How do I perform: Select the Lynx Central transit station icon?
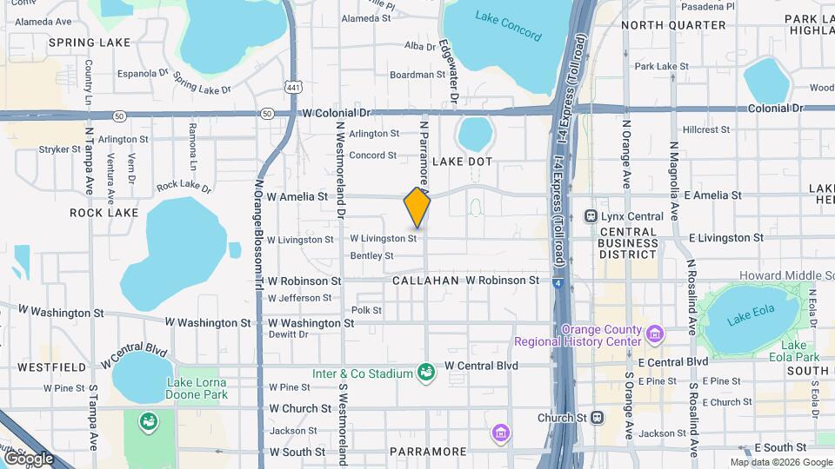tap(591, 215)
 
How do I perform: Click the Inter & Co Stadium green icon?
tap(425, 373)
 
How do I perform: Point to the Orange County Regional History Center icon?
tap(656, 330)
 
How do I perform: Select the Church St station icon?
tap(597, 417)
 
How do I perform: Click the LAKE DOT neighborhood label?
tap(463, 162)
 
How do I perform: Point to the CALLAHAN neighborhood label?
tap(425, 281)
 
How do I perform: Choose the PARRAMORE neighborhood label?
tap(428, 452)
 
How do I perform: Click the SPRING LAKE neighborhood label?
tap(90, 42)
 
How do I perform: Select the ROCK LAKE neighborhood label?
tap(104, 213)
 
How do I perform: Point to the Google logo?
tap(29, 458)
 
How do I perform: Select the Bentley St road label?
tap(371, 255)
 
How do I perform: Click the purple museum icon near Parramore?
tap(499, 432)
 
